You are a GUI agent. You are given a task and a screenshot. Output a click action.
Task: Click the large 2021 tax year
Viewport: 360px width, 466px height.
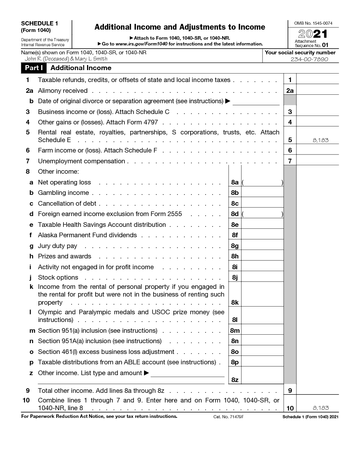[313, 34]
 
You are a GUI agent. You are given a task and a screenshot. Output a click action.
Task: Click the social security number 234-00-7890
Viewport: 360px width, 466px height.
[310, 59]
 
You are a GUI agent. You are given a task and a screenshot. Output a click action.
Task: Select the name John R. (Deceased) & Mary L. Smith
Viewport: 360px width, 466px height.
[66, 59]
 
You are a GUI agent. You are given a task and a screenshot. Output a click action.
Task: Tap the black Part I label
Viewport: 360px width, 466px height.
[34, 68]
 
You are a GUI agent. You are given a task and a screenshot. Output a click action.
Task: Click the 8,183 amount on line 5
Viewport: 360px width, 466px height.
[321, 140]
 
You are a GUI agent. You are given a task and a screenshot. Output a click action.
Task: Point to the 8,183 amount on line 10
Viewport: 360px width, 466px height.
[321, 408]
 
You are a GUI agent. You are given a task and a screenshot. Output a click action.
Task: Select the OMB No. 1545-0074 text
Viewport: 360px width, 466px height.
[313, 23]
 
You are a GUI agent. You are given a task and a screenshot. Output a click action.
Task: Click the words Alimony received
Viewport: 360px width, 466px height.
[63, 91]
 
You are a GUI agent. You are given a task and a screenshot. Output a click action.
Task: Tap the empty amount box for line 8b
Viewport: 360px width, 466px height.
[262, 193]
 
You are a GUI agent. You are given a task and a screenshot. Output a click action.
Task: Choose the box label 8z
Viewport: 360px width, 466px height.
[234, 380]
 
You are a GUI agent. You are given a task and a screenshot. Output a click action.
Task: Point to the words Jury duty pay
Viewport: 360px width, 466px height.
[57, 246]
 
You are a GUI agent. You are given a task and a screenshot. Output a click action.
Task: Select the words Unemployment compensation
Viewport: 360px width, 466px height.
[81, 161]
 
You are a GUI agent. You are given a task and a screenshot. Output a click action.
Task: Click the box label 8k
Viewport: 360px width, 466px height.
[234, 303]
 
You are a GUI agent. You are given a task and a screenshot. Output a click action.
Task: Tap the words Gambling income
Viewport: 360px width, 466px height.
[63, 193]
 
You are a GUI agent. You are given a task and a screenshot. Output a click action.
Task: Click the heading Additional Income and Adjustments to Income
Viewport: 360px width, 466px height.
[180, 27]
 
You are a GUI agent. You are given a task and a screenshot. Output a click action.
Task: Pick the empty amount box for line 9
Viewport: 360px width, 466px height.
[317, 391]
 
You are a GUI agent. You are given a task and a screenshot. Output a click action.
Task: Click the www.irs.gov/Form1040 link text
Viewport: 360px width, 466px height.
[141, 44]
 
